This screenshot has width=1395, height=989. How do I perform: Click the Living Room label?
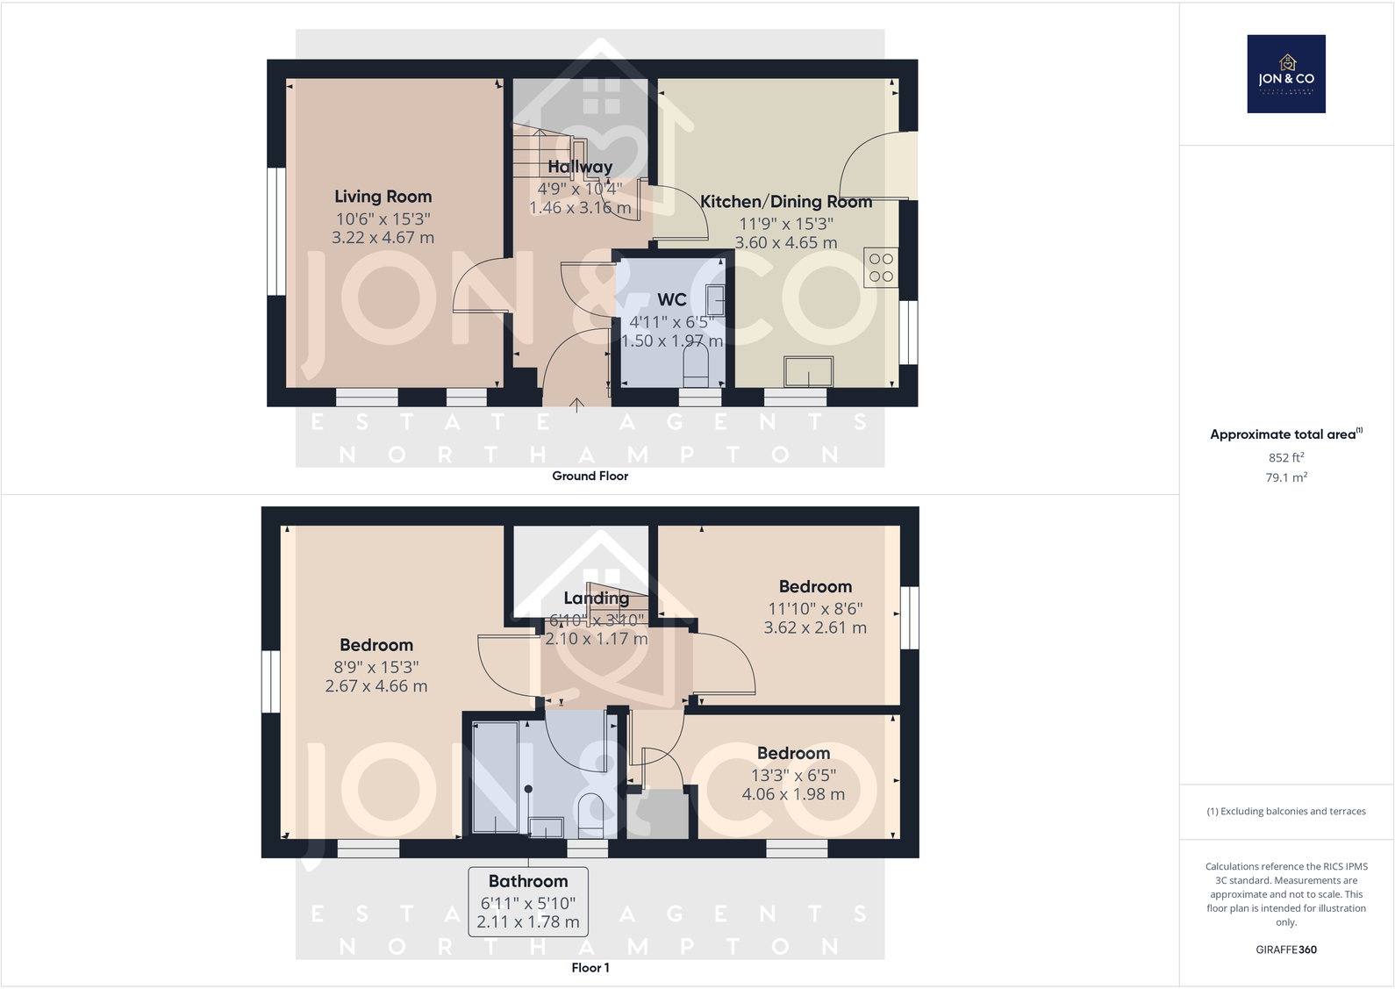(383, 197)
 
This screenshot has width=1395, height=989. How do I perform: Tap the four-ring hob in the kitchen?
(881, 268)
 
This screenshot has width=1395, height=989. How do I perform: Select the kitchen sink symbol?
(809, 371)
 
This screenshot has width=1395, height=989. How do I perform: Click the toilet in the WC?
(696, 364)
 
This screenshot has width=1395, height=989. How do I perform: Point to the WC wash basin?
(715, 300)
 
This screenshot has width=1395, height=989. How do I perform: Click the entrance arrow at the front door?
(576, 404)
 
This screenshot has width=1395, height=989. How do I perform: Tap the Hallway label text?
(580, 167)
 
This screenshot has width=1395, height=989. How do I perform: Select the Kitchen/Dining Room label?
(786, 202)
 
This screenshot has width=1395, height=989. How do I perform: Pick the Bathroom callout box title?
(528, 881)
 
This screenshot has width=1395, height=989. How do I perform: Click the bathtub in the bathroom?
(496, 778)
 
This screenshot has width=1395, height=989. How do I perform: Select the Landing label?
(597, 598)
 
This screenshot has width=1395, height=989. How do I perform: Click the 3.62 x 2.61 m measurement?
(815, 628)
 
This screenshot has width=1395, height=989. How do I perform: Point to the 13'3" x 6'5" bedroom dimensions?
(793, 775)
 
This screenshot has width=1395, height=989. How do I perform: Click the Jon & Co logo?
(1286, 74)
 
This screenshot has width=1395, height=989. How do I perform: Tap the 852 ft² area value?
(1286, 457)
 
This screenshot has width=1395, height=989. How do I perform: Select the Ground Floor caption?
(590, 476)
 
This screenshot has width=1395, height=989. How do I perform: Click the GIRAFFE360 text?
(1286, 950)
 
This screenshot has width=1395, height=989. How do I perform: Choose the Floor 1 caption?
(590, 968)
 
